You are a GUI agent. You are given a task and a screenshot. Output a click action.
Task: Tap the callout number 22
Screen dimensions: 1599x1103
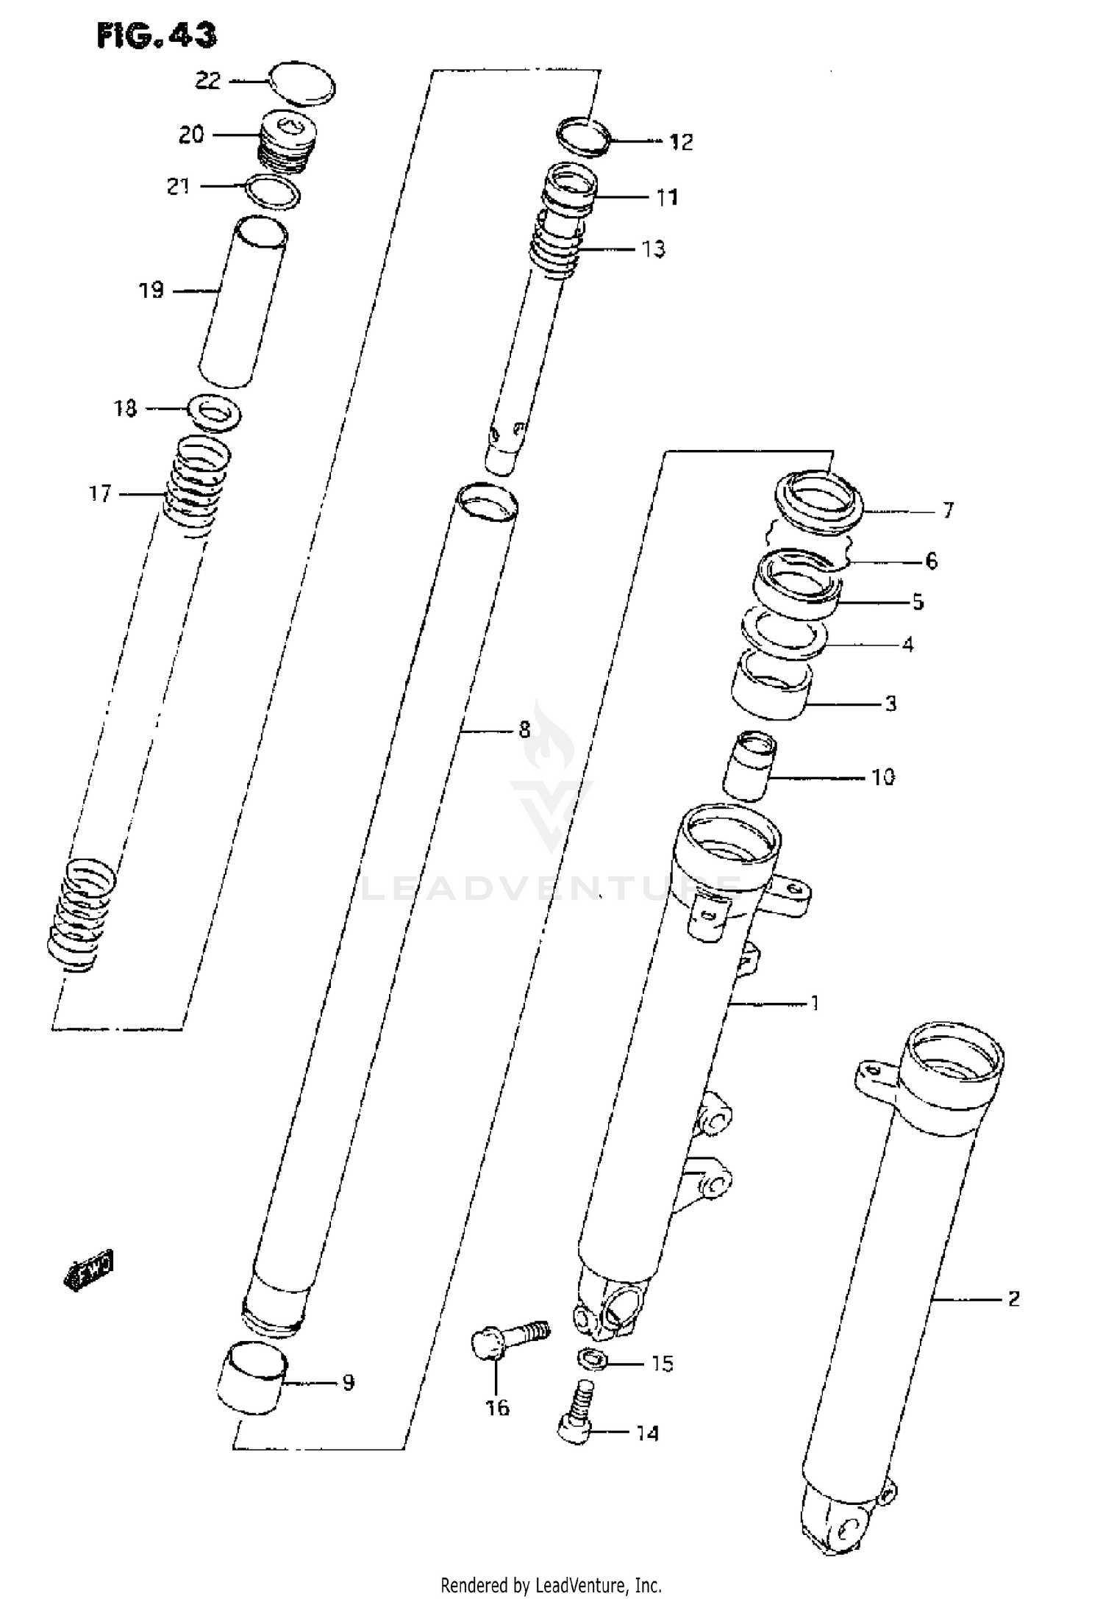[x=207, y=81]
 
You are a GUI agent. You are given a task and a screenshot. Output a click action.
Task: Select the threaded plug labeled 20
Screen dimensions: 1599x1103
[x=285, y=142]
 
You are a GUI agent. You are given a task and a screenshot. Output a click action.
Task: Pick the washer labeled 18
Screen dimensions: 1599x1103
[x=215, y=412]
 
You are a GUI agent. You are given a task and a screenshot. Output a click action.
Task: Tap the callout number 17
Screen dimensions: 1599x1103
[x=100, y=493]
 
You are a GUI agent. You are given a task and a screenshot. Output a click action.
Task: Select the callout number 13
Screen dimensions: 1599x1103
[x=653, y=249]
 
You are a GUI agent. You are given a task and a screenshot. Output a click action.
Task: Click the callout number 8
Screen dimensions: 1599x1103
[x=524, y=730]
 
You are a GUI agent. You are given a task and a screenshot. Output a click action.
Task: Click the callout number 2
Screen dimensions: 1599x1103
[x=1013, y=1299]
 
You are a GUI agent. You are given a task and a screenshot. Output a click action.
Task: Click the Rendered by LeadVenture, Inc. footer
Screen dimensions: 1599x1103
[x=551, y=1584]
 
